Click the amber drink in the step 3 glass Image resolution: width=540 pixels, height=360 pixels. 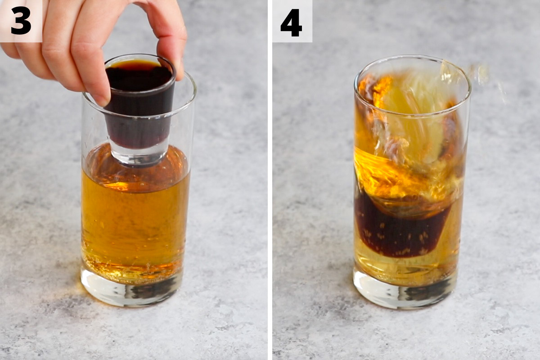[x=135, y=220]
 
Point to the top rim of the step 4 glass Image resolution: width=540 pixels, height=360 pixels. [x=412, y=58]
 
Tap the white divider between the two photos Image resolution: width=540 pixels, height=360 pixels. [x=270, y=180]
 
